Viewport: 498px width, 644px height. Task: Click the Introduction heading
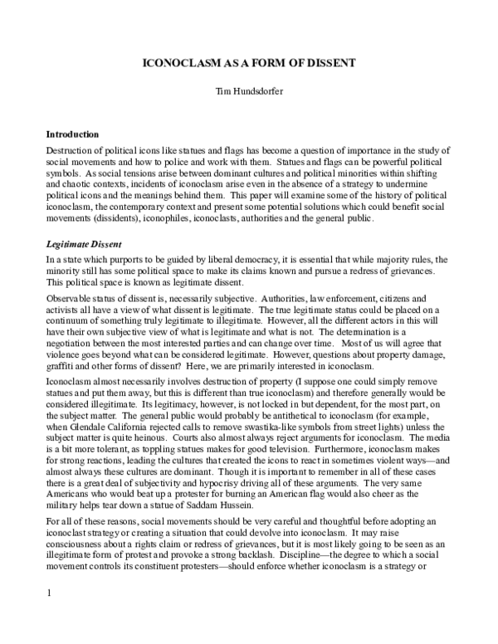[x=72, y=134]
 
